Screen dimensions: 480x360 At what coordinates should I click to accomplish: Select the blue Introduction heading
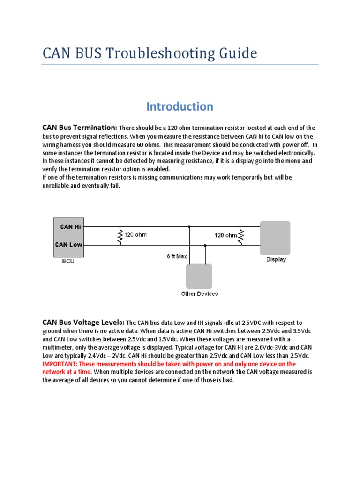pyautogui.click(x=180, y=106)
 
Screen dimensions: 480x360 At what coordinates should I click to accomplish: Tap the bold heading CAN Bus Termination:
pyautogui.click(x=79, y=127)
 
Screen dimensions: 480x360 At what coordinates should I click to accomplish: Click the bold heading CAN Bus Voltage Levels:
pyautogui.click(x=83, y=322)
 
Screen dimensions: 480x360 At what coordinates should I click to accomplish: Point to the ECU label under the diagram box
pyautogui.click(x=68, y=262)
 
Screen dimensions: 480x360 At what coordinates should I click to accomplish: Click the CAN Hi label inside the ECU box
pyautogui.click(x=70, y=227)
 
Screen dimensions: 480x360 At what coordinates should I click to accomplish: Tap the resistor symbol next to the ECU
pyautogui.click(x=120, y=236)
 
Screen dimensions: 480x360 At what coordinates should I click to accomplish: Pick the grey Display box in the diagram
pyautogui.click(x=275, y=238)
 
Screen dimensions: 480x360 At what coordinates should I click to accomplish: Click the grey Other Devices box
pyautogui.click(x=199, y=276)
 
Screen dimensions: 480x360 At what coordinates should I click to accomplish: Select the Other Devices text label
pyautogui.click(x=199, y=294)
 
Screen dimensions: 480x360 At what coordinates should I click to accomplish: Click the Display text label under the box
pyautogui.click(x=276, y=259)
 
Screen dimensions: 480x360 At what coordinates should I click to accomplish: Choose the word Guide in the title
pyautogui.click(x=240, y=53)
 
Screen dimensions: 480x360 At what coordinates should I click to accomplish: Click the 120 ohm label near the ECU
pyautogui.click(x=135, y=234)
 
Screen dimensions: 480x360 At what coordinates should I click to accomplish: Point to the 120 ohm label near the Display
pyautogui.click(x=225, y=235)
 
